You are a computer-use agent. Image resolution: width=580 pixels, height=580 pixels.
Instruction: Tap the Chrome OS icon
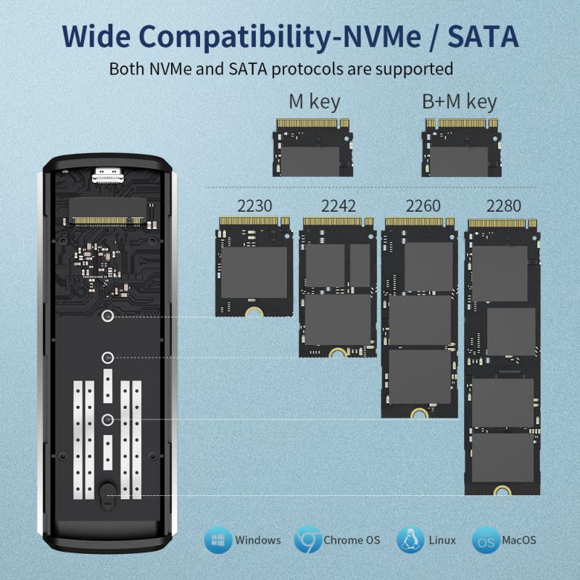click(307, 540)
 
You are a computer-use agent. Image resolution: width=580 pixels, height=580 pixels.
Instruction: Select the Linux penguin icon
click(410, 540)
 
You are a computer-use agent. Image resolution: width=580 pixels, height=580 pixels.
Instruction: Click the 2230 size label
click(254, 206)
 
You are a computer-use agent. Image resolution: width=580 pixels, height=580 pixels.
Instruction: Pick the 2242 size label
click(338, 206)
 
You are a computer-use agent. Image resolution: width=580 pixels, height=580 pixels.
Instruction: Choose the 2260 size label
click(422, 206)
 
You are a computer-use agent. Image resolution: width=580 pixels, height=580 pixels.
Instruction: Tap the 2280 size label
click(503, 206)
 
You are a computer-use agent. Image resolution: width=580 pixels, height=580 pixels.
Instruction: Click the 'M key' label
click(314, 101)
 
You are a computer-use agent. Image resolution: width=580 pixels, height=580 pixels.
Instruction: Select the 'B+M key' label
click(459, 101)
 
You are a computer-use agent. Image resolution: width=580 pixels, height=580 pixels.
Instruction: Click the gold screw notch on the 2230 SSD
click(254, 312)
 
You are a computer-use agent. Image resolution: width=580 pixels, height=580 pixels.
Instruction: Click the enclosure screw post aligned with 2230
click(107, 315)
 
